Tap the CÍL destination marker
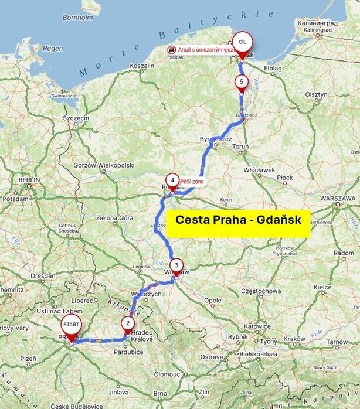tap(242, 43)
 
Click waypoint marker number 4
tap(172, 180)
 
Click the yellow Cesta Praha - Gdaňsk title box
tap(238, 220)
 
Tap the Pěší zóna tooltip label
tap(192, 182)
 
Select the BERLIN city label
tap(28, 180)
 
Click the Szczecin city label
tap(76, 118)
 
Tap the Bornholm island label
tap(78, 18)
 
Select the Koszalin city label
tap(141, 66)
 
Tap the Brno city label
tap(161, 393)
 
